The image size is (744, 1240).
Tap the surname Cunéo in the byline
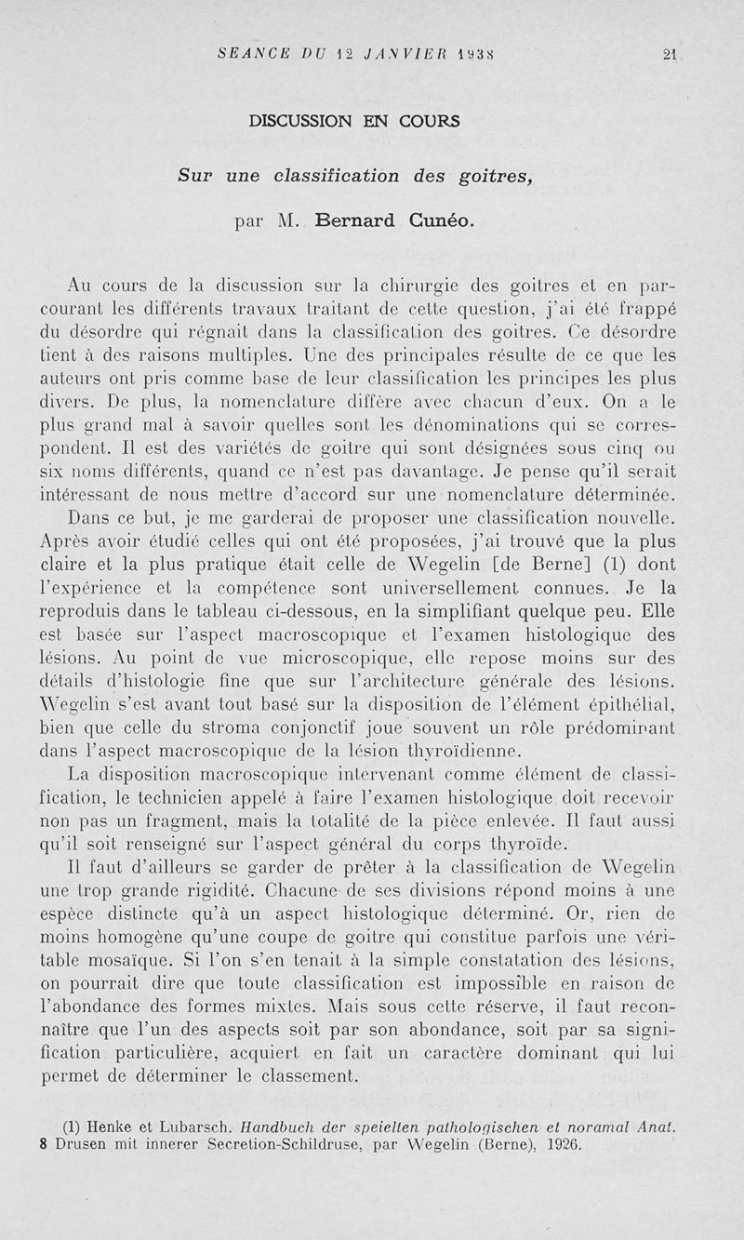(440, 221)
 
